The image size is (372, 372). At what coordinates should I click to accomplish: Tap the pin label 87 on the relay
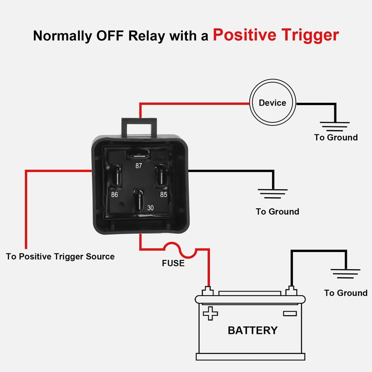[x=139, y=166]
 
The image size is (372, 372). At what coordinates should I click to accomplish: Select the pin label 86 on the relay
[x=114, y=194]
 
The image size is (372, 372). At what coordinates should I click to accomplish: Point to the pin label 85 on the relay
[x=164, y=194]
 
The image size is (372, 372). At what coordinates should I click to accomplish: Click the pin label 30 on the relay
[x=150, y=208]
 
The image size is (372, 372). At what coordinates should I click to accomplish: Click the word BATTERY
[x=252, y=330]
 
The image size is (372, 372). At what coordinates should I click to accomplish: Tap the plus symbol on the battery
[x=210, y=313]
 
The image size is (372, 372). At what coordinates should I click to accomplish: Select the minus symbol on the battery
[x=290, y=313]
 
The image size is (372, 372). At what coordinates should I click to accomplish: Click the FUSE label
[x=173, y=263]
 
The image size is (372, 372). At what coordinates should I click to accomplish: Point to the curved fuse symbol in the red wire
[x=180, y=250]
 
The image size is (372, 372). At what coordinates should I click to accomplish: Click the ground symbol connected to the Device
[x=335, y=126]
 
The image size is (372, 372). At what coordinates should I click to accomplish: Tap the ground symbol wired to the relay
[x=272, y=193]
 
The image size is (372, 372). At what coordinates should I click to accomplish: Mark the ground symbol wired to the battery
[x=345, y=273]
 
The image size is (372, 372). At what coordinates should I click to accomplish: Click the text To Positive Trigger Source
[x=60, y=257]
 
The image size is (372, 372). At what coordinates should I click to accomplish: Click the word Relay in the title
[x=146, y=36]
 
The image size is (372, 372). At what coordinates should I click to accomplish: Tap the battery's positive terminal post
[x=207, y=291]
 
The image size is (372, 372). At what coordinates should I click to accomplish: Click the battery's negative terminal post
[x=292, y=291]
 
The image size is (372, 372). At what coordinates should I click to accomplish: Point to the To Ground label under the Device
[x=336, y=137]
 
